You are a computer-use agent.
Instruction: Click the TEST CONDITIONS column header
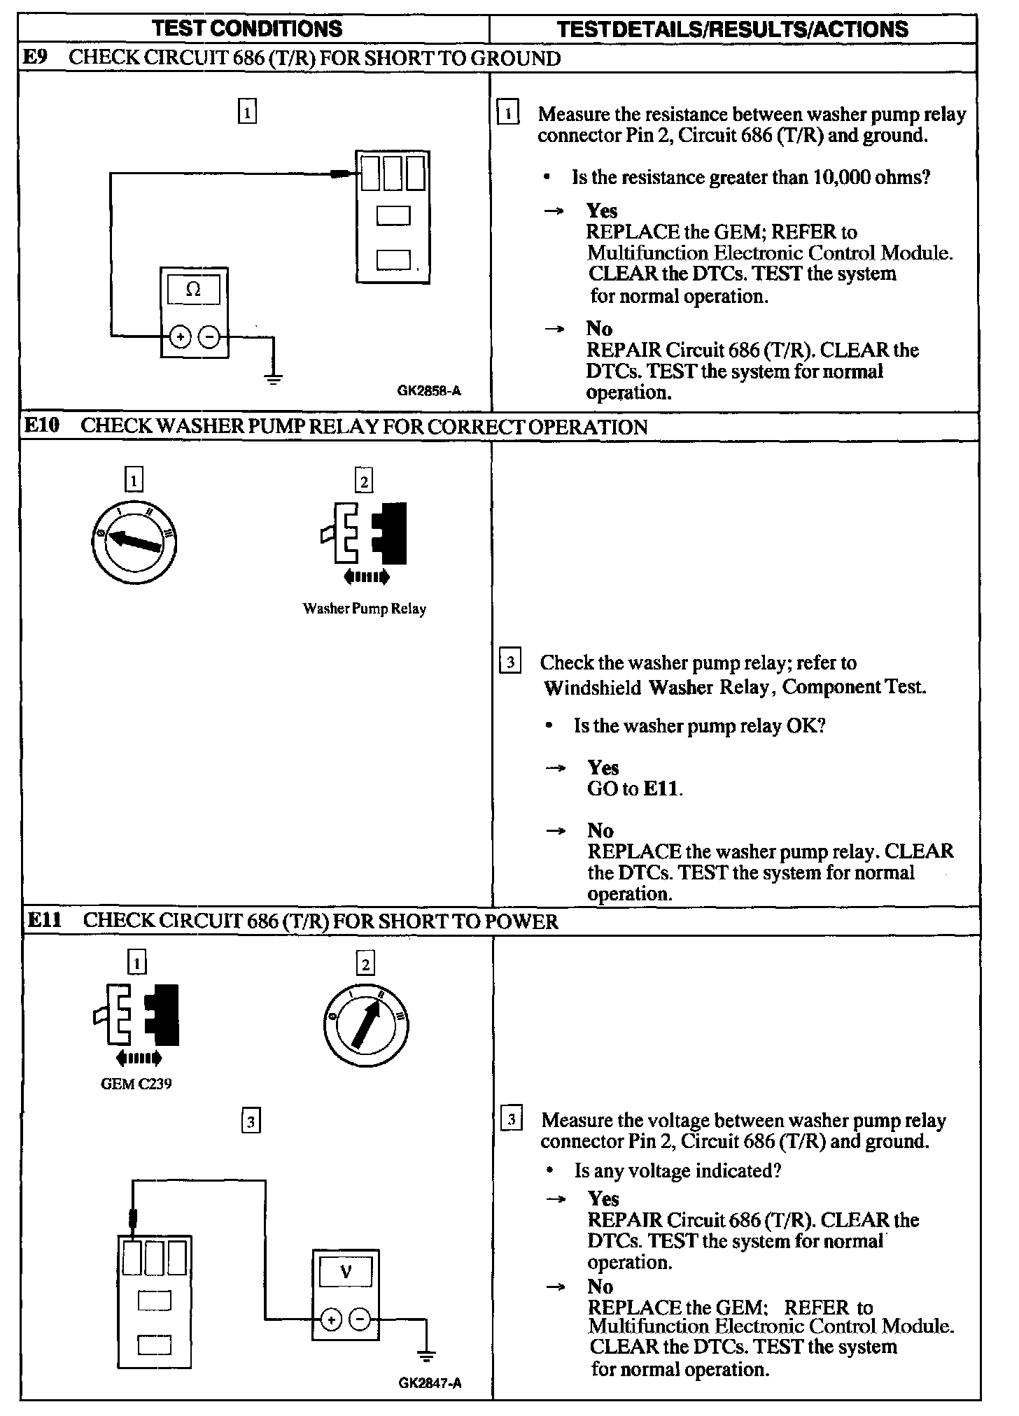click(247, 29)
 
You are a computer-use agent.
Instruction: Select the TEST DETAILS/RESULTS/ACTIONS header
click(733, 29)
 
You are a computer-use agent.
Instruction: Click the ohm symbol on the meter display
click(194, 290)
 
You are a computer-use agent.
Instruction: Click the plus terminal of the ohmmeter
click(181, 337)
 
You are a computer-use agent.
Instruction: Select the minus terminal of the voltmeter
click(360, 1319)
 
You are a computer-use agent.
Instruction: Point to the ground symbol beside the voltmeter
click(426, 1354)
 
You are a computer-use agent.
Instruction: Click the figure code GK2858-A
click(429, 391)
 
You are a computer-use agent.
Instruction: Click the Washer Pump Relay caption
click(364, 609)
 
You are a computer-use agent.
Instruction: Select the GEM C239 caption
click(136, 1084)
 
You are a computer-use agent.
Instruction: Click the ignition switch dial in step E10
click(134, 541)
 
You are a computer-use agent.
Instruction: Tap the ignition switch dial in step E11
click(366, 1026)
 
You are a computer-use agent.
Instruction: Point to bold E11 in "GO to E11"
click(661, 788)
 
